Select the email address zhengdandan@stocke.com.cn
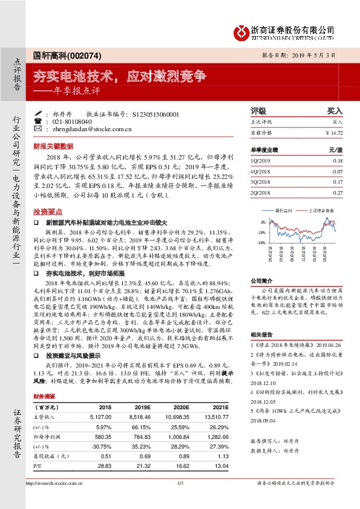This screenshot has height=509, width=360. (92, 129)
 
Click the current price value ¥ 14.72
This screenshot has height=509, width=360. (334, 132)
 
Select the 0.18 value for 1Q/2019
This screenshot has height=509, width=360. (338, 161)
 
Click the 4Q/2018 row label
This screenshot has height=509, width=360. (258, 171)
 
